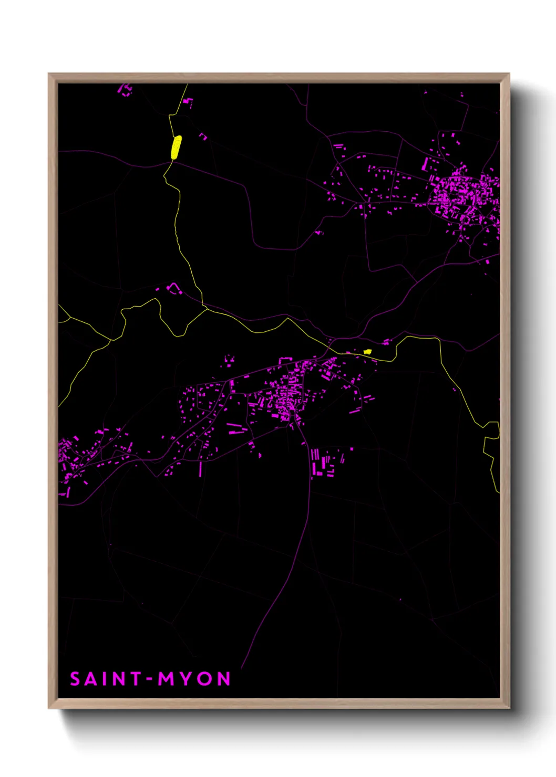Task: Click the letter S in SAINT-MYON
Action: click(x=75, y=679)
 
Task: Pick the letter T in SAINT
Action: click(x=136, y=679)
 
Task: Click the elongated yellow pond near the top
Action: click(x=176, y=147)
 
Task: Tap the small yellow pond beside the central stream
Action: click(x=367, y=352)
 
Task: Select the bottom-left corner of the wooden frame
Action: click(x=49, y=707)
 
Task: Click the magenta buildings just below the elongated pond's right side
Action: click(x=203, y=136)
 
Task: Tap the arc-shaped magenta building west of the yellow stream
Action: click(x=173, y=288)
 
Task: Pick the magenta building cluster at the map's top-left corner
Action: click(x=125, y=90)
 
